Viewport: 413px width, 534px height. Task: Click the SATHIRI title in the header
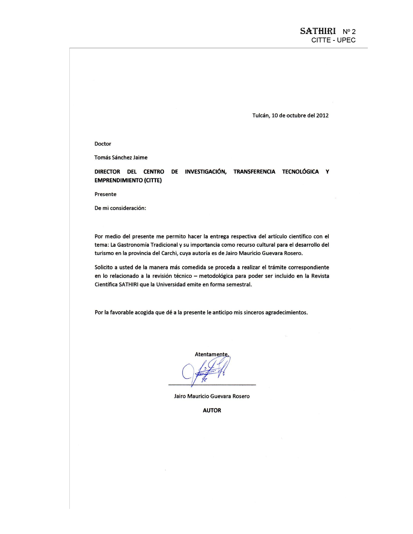point(318,31)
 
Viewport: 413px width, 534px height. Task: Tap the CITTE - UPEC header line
point(333,40)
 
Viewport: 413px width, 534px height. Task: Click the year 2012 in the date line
point(322,116)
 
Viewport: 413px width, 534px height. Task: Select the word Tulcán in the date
point(261,116)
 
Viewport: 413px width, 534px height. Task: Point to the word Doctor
point(103,144)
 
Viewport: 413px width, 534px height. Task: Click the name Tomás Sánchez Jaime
point(121,158)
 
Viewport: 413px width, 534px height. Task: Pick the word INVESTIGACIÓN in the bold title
point(206,172)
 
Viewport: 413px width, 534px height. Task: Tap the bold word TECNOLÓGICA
point(300,172)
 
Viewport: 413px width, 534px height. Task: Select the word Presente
point(105,194)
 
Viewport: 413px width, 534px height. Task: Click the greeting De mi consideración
point(120,208)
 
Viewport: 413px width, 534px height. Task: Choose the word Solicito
point(103,267)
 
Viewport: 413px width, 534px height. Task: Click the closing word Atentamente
point(212,354)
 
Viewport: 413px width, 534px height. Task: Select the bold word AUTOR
point(212,410)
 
